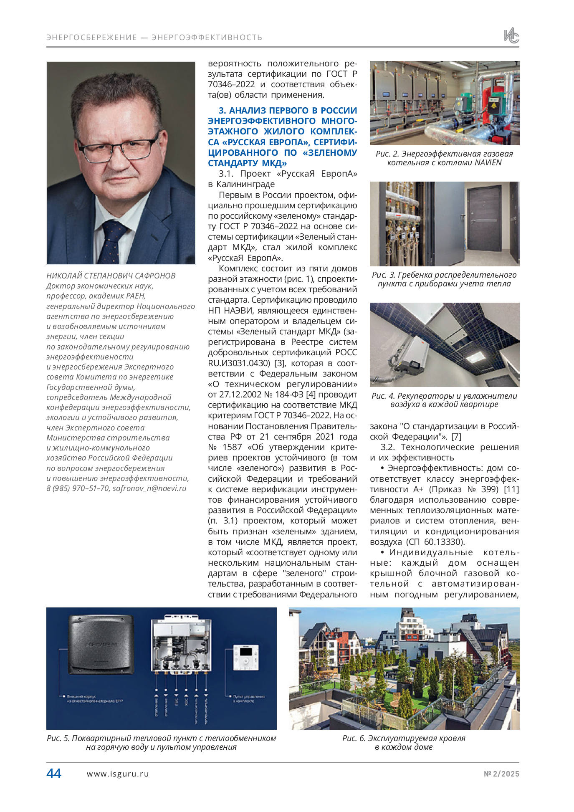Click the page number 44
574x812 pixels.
pyautogui.click(x=54, y=774)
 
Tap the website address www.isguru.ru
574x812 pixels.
pyautogui.click(x=118, y=774)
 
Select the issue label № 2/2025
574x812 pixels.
pyautogui.click(x=501, y=774)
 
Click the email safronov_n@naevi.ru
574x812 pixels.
pyautogui.click(x=149, y=488)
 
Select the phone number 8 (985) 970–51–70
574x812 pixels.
pyautogui.click(x=78, y=488)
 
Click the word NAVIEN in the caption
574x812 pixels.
pyautogui.click(x=488, y=163)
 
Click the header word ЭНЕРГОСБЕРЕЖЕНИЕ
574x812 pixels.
pyautogui.click(x=91, y=38)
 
